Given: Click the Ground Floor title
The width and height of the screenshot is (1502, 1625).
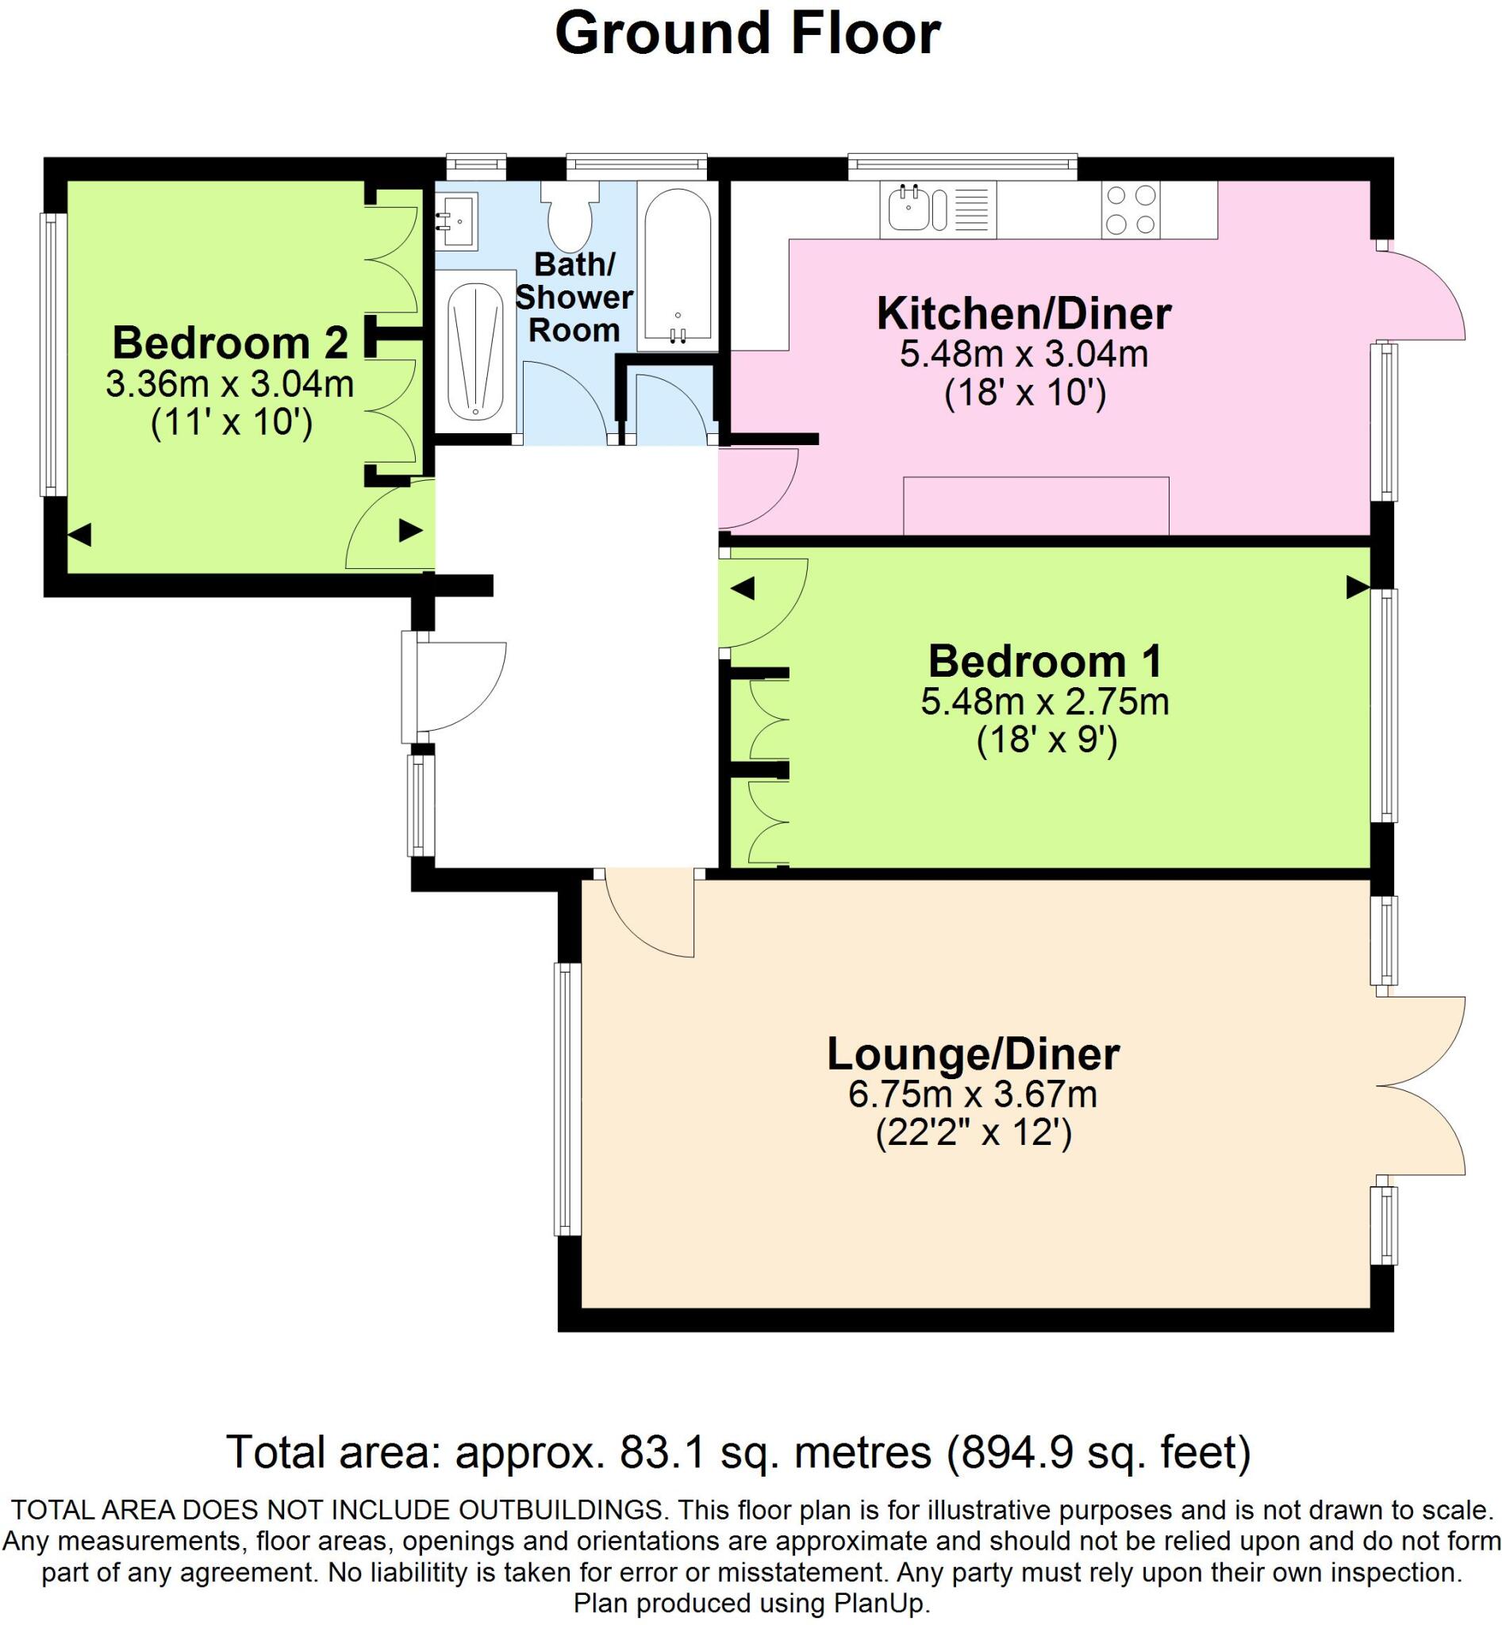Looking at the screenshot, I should [747, 34].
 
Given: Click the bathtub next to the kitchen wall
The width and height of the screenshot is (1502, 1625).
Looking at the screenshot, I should [677, 266].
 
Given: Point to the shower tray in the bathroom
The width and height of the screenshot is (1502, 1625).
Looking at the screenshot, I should [476, 352].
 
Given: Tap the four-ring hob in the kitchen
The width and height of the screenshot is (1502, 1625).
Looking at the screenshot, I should [1131, 209].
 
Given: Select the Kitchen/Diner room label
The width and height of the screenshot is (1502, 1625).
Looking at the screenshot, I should [1024, 313].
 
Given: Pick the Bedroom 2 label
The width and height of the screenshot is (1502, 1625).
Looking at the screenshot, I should [230, 342].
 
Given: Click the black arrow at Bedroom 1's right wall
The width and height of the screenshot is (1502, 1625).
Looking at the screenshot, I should [1357, 587].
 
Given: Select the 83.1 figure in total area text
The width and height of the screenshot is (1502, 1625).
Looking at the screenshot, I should [655, 1452].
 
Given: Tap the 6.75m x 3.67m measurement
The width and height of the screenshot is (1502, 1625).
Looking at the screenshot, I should [973, 1095].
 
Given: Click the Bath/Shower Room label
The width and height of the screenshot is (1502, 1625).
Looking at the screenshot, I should [574, 298].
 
